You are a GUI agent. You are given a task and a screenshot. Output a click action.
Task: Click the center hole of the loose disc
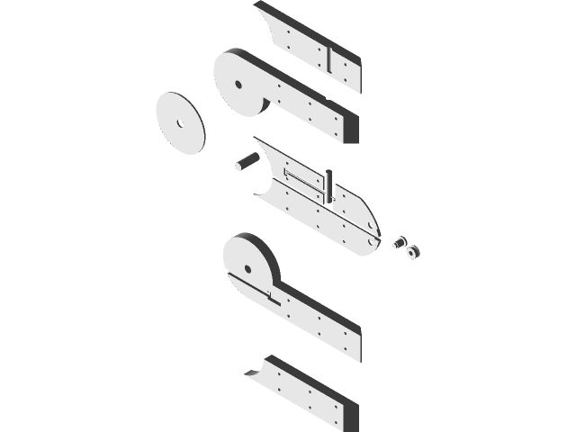pyautogui.click(x=179, y=123)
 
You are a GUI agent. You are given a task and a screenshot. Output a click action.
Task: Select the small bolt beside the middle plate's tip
pyautogui.click(x=400, y=242)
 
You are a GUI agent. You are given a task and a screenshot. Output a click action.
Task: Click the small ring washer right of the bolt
pyautogui.click(x=413, y=251)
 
